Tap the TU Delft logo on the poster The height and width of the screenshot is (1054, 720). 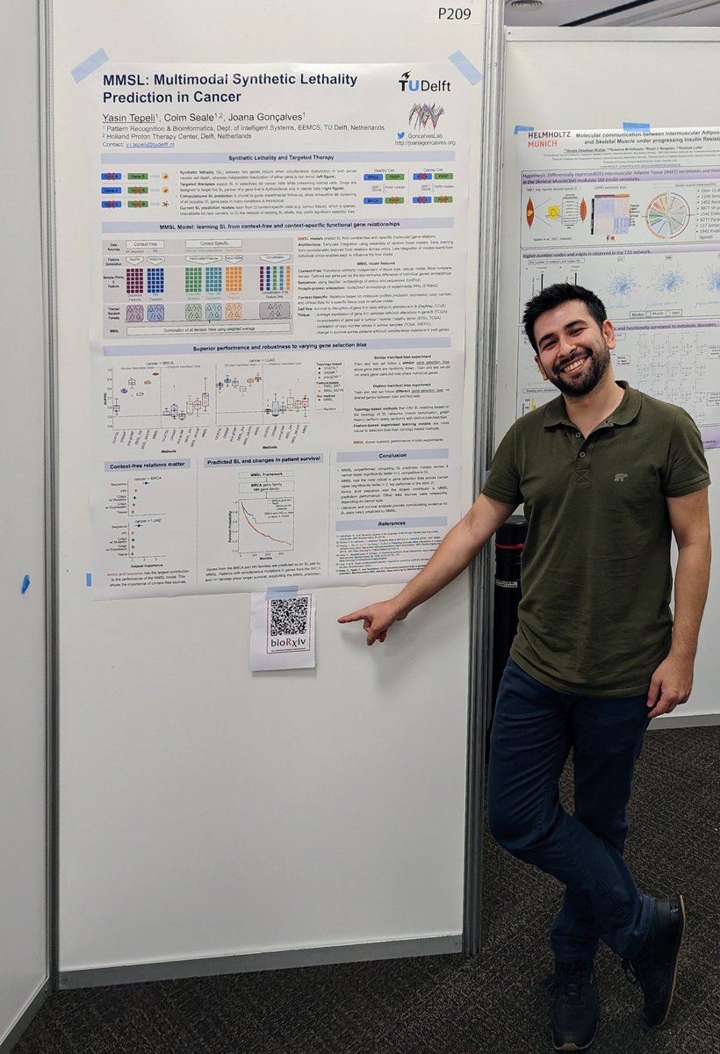pos(424,82)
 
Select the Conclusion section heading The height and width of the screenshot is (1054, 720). pos(392,455)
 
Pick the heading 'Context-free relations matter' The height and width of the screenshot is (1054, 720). pos(148,466)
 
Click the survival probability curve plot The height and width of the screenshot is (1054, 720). pos(266,526)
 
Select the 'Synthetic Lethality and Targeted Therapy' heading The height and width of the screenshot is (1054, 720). pos(277,158)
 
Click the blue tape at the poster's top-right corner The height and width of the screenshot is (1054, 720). pos(465,67)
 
